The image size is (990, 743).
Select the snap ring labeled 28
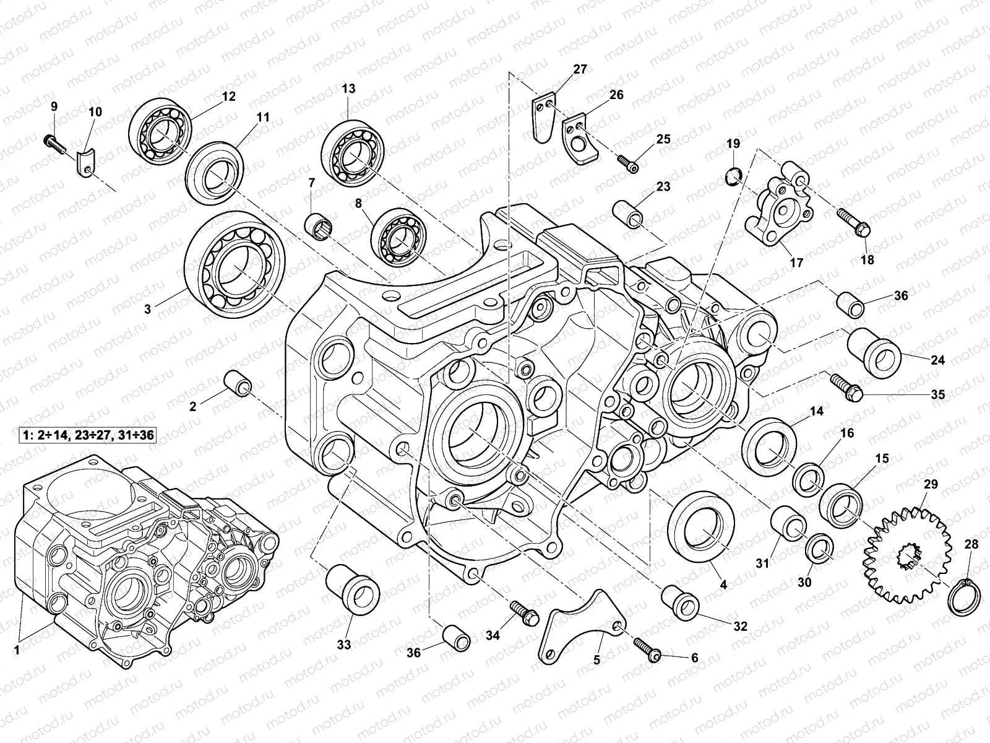click(x=964, y=597)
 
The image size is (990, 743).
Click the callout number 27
click(x=579, y=69)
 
